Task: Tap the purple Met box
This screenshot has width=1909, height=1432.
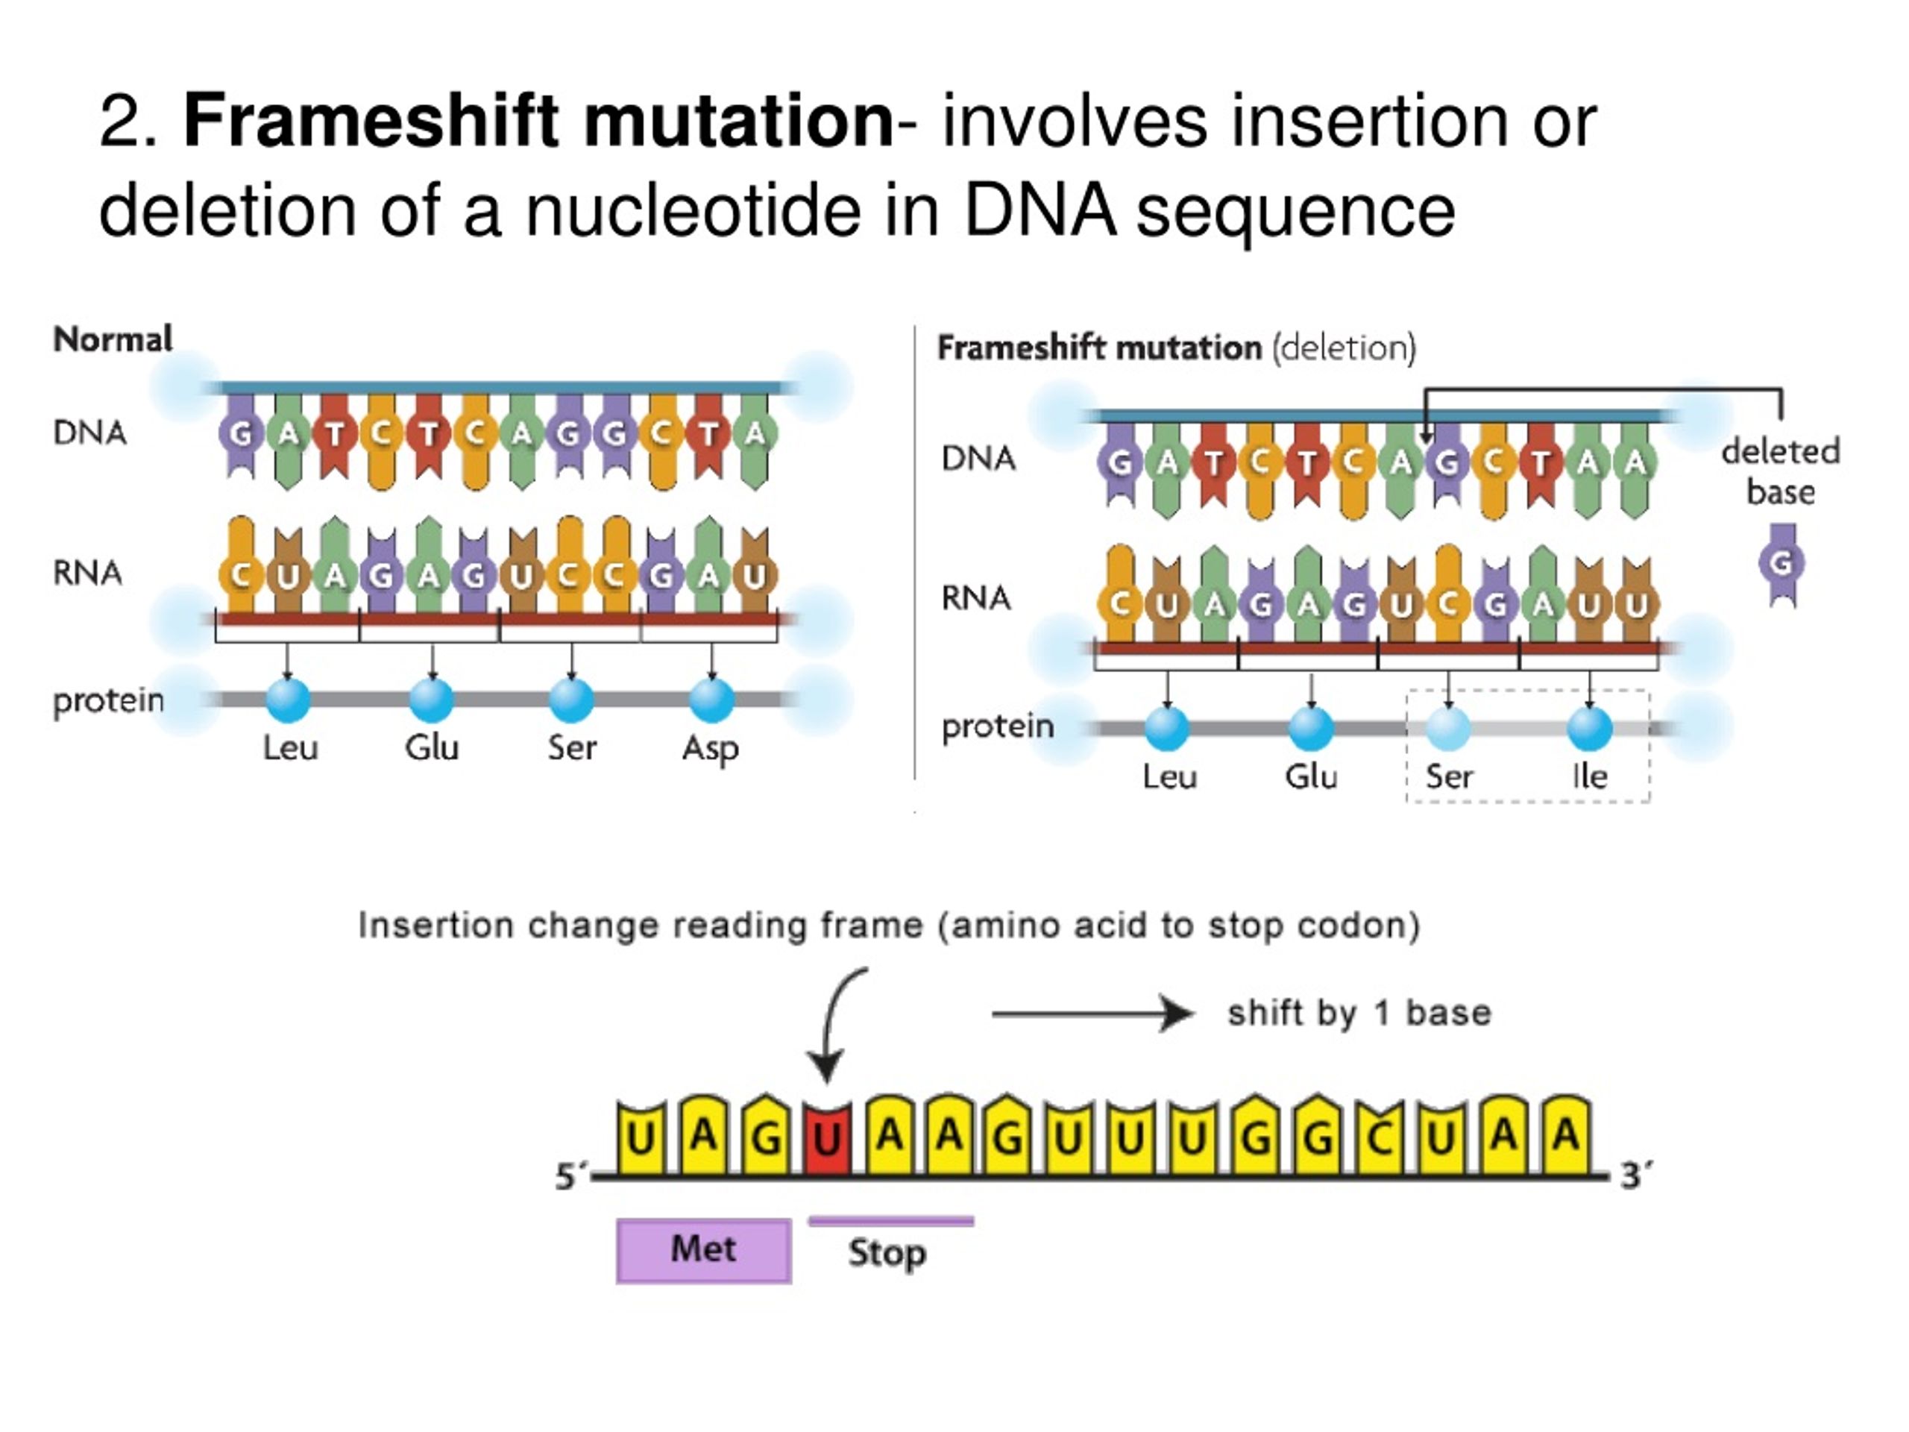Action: point(703,1250)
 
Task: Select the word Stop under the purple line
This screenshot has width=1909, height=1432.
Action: point(887,1252)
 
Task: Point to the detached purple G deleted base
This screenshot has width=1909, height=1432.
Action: point(1781,564)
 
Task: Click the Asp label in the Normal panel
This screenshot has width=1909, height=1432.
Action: point(710,747)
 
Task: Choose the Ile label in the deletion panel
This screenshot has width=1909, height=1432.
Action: point(1590,776)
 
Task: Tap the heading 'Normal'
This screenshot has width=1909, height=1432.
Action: point(113,339)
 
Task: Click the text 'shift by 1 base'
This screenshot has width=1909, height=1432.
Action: point(1359,1014)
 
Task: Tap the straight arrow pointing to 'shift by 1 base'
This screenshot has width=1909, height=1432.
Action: point(1092,1014)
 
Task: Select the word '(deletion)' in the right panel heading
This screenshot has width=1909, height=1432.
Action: point(1345,348)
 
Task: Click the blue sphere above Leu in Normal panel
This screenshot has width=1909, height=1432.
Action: point(289,700)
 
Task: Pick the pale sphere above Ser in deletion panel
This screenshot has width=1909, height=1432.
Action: point(1449,729)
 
